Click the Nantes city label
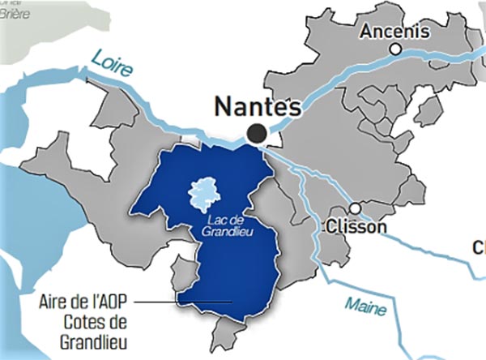coord(257,107)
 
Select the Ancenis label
coord(395,32)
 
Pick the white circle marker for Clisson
coord(355,208)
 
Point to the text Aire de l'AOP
coord(83,302)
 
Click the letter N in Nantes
coord(224,107)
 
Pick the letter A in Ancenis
coord(368,32)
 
